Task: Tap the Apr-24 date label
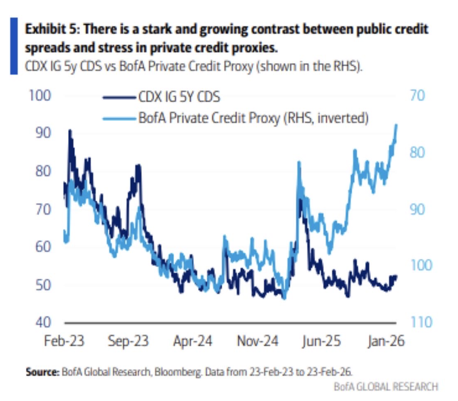193,341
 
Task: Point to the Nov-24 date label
258,341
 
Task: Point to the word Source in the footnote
42,372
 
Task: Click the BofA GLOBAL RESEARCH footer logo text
385,387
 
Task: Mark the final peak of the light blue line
396,125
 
